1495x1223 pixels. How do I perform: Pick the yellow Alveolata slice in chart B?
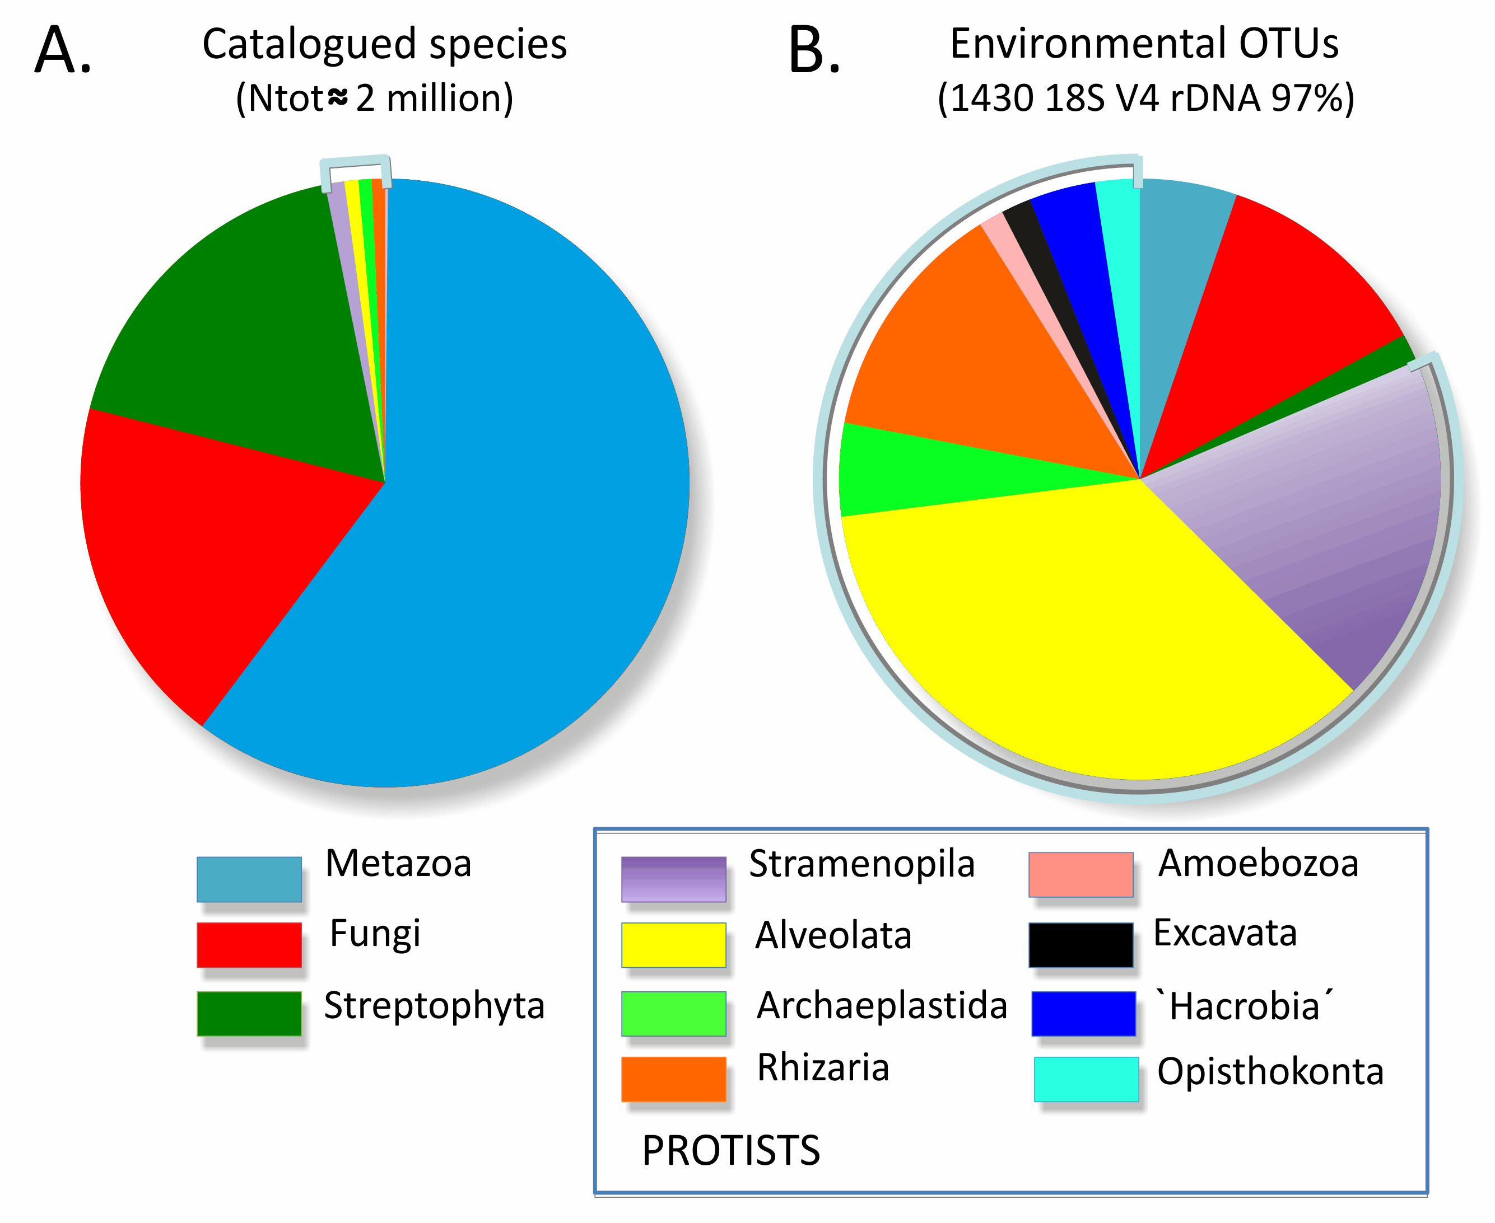[x=1100, y=634]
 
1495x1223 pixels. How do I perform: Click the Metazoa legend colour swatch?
[x=249, y=879]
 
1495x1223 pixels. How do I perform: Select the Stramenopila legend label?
[x=861, y=864]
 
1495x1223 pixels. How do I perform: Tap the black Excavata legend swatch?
[x=1081, y=945]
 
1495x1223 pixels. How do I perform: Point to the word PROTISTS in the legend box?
[x=731, y=1150]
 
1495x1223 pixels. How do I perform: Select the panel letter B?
[x=814, y=51]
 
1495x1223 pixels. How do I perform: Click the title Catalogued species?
[x=384, y=44]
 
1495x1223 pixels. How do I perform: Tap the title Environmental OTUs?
[x=1143, y=44]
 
